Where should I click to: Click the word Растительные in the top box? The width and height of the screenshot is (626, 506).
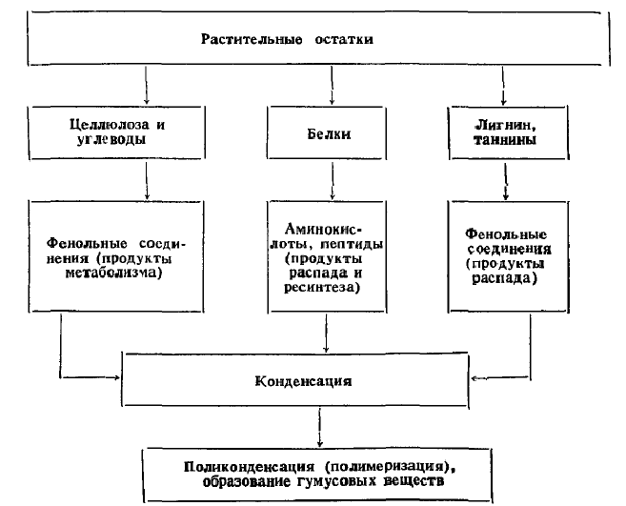(x=252, y=39)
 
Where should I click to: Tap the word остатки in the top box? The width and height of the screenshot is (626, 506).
(x=344, y=39)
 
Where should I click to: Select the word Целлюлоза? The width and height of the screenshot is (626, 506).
(x=110, y=125)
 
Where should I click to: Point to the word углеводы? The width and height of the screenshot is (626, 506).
(x=111, y=139)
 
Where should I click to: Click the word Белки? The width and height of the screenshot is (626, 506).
(x=329, y=133)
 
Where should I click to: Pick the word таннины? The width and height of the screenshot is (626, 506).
(x=505, y=140)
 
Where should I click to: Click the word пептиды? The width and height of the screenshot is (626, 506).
(x=352, y=244)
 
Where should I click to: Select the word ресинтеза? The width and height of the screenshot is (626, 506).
(x=322, y=288)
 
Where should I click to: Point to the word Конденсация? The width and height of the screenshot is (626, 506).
(x=303, y=381)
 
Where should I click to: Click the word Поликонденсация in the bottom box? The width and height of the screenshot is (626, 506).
(x=249, y=467)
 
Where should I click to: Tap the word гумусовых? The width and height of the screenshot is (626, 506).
(x=336, y=481)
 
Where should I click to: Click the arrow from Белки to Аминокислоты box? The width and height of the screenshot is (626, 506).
(x=333, y=180)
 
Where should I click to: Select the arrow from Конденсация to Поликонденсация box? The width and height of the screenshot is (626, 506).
(x=319, y=427)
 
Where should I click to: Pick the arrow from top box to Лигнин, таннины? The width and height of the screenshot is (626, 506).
(x=503, y=86)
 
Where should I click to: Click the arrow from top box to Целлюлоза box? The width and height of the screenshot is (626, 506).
(x=146, y=86)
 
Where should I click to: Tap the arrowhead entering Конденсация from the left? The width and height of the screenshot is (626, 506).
(x=116, y=377)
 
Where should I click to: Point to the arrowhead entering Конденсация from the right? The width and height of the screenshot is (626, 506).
(x=475, y=378)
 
